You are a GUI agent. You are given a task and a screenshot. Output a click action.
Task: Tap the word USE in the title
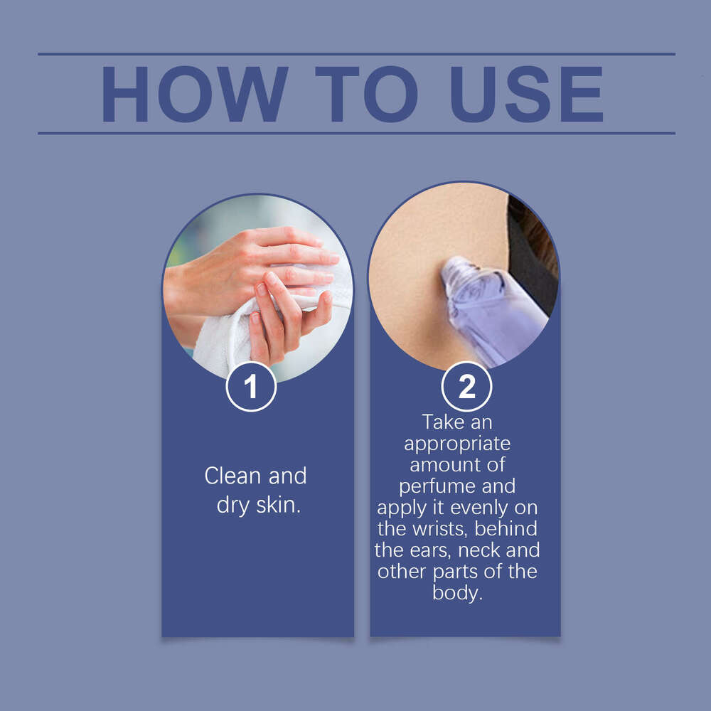(x=526, y=95)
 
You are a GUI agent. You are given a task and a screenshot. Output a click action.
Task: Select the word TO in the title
(x=366, y=95)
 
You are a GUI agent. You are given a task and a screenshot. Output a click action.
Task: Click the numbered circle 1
(x=251, y=386)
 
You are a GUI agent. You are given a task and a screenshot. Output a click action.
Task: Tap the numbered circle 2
(x=466, y=386)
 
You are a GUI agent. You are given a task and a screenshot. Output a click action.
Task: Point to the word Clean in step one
(x=233, y=476)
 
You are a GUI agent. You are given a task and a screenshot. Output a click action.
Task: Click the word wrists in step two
(x=439, y=529)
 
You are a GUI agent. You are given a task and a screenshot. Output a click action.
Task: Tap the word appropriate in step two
(x=457, y=444)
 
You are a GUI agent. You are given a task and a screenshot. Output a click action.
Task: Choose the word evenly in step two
(x=480, y=508)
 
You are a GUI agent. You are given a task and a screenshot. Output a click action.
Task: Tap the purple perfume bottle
(x=492, y=311)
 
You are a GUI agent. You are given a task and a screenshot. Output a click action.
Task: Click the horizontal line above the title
(x=356, y=54)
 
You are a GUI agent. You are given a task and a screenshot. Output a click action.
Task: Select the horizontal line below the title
(x=356, y=134)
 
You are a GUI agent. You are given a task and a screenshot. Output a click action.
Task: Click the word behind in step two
(x=506, y=529)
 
